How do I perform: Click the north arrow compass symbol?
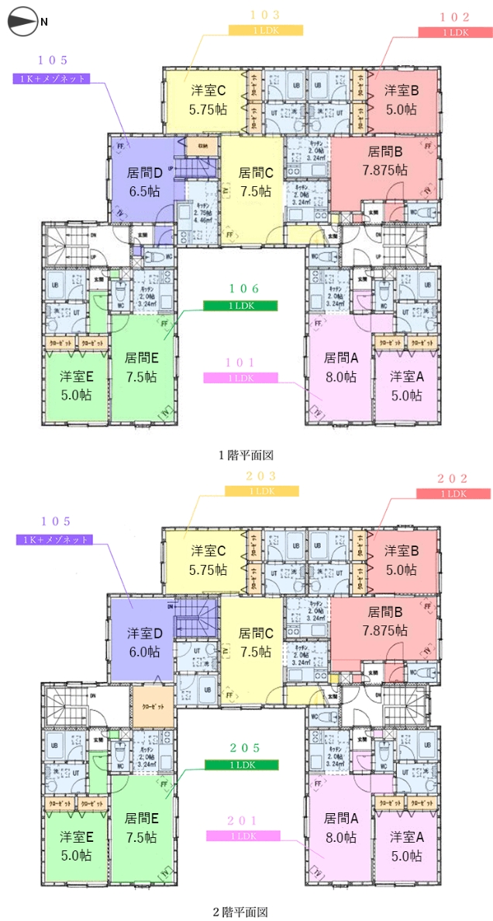click(22, 23)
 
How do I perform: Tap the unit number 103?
click(265, 15)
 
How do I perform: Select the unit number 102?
click(454, 16)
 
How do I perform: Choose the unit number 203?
click(261, 475)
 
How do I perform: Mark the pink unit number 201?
click(242, 821)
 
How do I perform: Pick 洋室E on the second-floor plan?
click(76, 845)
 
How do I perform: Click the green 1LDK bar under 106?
click(240, 306)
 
